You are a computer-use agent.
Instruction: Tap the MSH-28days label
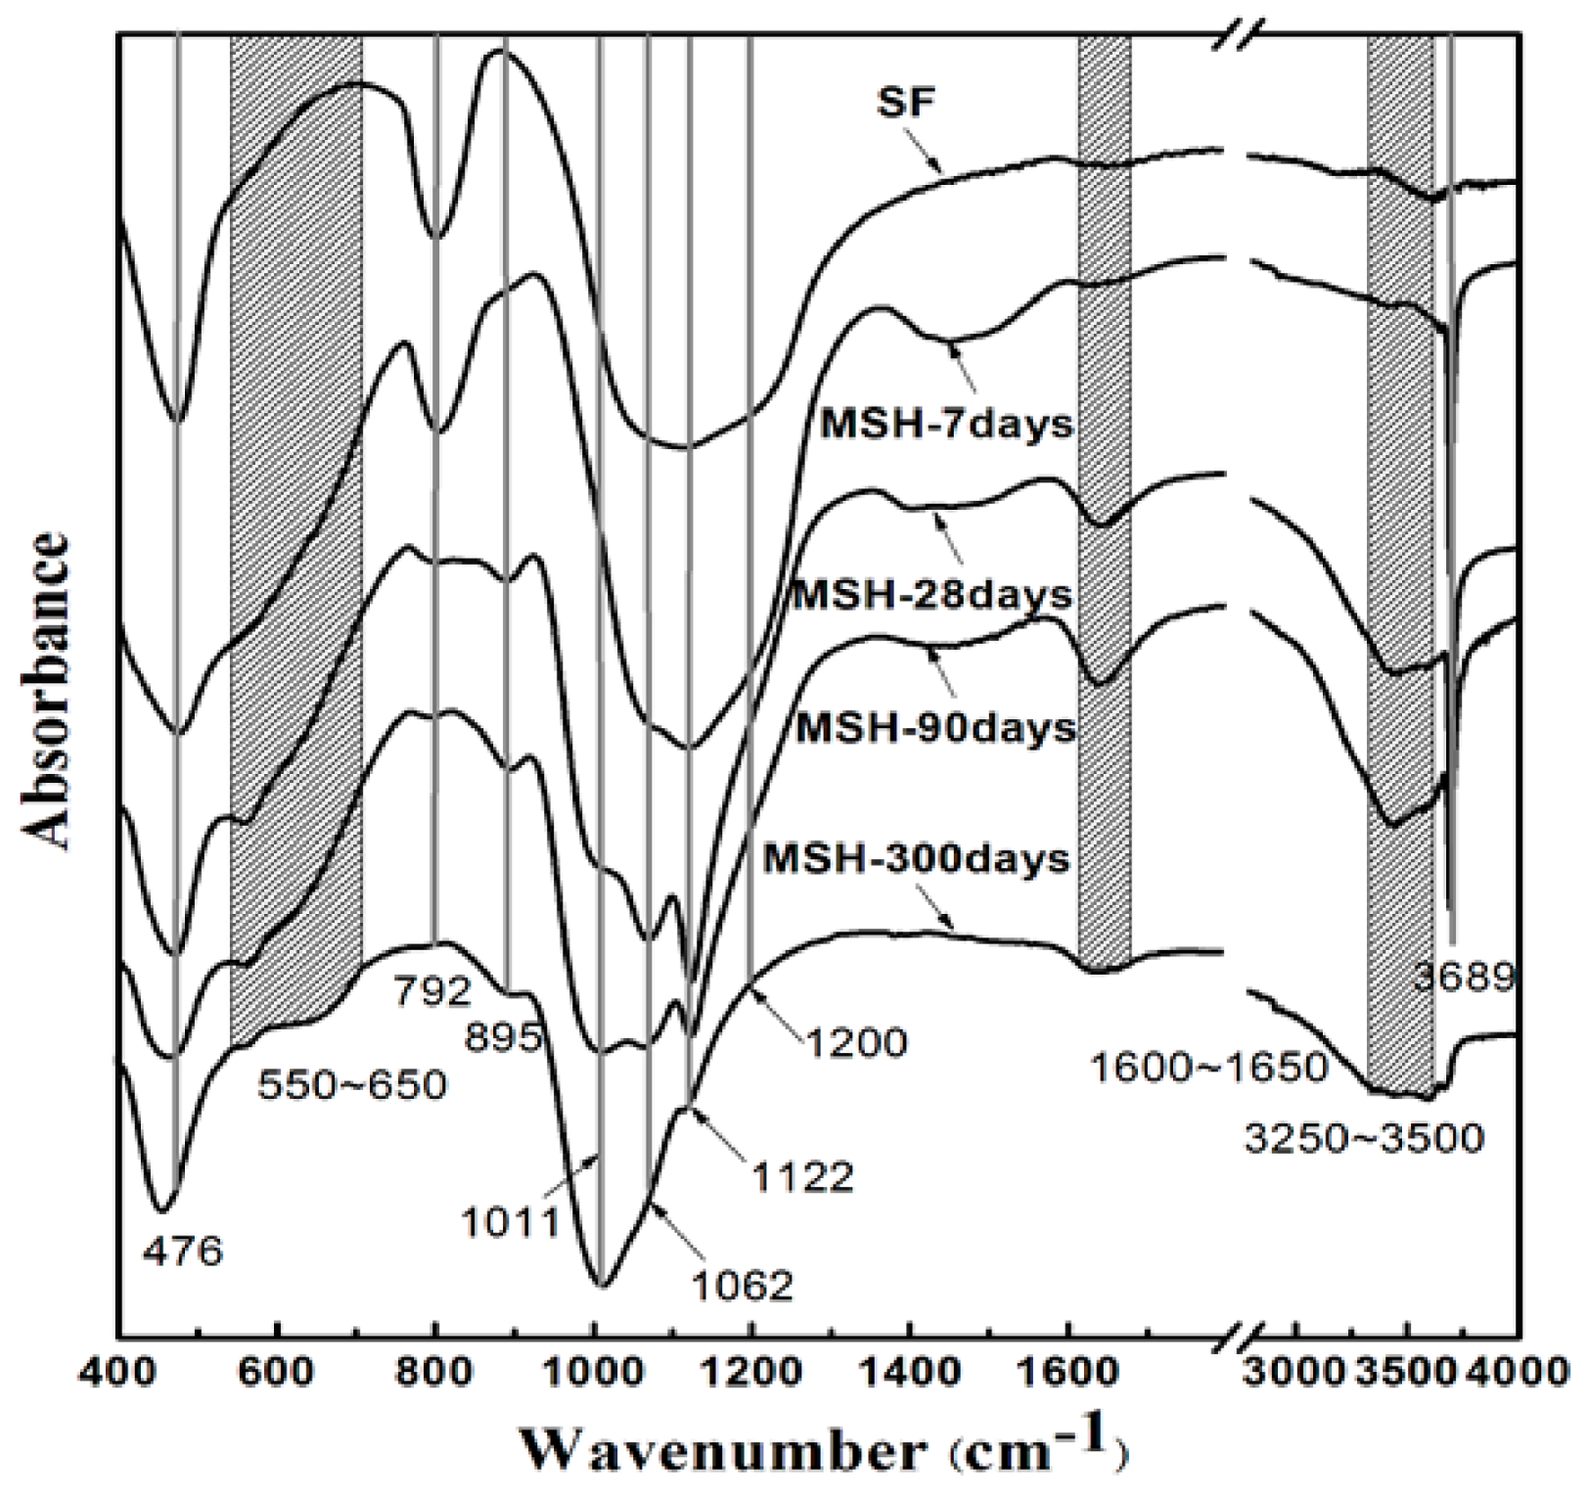(931, 594)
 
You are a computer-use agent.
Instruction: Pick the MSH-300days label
(916, 859)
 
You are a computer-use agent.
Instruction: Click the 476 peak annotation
(183, 1251)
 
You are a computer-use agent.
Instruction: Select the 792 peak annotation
(433, 992)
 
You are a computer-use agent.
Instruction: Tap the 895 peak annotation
(504, 1037)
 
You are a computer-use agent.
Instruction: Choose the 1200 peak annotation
(856, 1042)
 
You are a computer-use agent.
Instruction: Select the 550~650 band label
(352, 1084)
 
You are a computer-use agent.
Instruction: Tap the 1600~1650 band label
(1208, 1066)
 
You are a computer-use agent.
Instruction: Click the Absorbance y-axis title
(49, 690)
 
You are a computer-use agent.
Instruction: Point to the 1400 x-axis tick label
(910, 1372)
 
